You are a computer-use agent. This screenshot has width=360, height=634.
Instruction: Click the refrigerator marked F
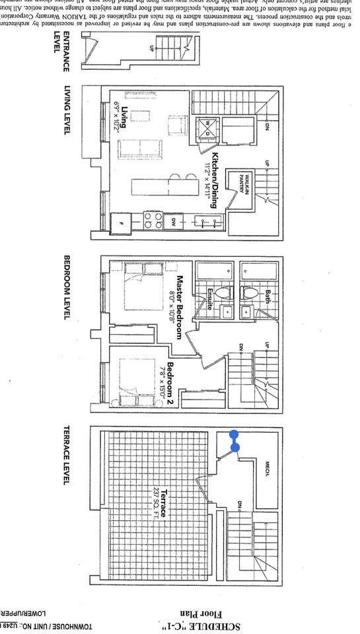pos(121,221)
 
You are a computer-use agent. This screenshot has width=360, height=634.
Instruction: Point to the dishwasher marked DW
pos(174,221)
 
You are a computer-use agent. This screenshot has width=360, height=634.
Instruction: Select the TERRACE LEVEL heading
pos(66,455)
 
